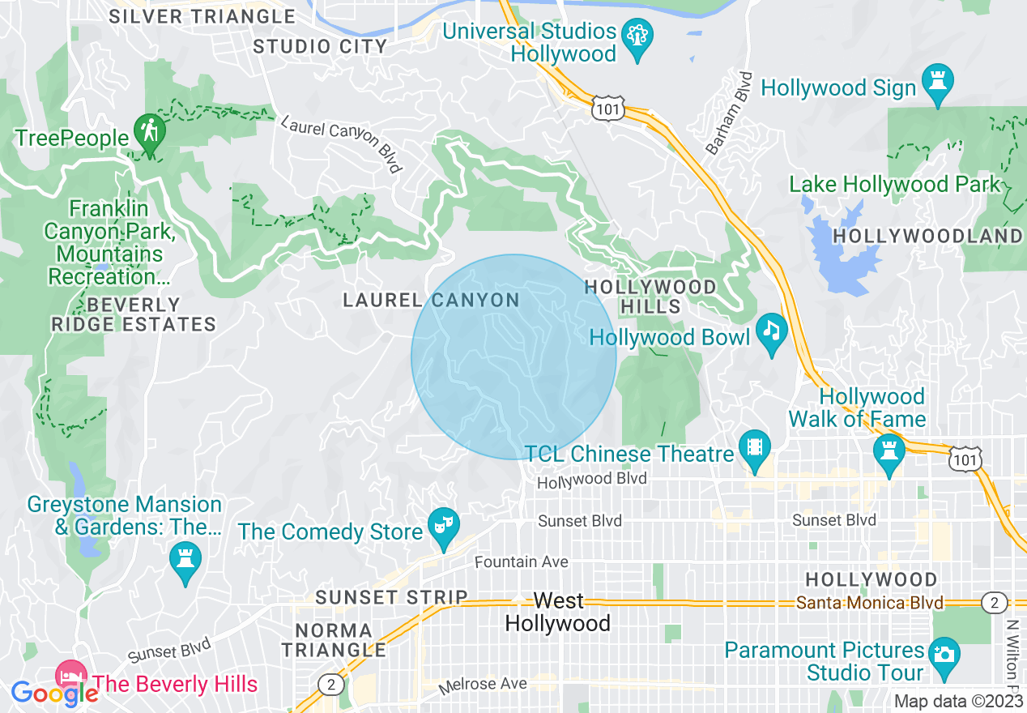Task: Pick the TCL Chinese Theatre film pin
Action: point(755,449)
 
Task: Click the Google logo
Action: point(54,693)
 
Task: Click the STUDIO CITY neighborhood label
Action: point(320,46)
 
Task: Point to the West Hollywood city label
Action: point(558,612)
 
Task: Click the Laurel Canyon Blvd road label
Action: point(342,143)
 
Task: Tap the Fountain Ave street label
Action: point(521,561)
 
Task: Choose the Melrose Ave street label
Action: point(483,685)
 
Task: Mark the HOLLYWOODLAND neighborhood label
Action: point(927,236)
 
